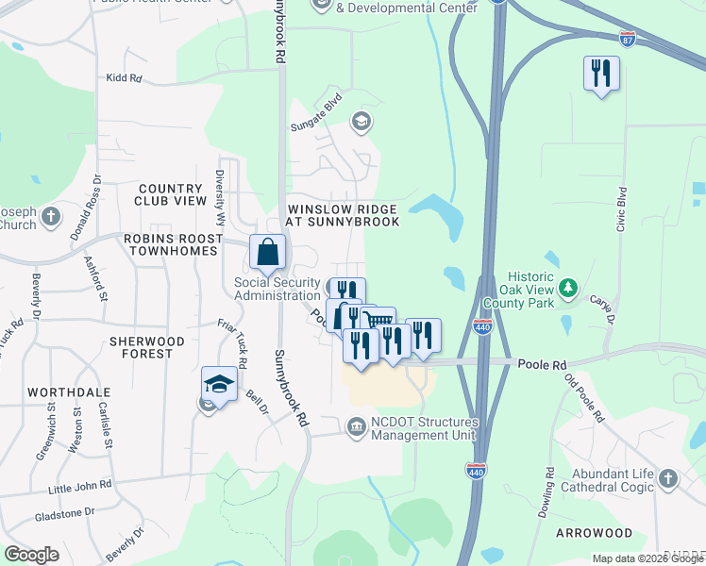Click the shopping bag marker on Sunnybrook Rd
[x=268, y=253]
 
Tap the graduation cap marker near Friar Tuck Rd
[x=219, y=385]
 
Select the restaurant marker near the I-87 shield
[x=601, y=74]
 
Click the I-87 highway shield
[x=628, y=40]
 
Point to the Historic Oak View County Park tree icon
[x=568, y=287]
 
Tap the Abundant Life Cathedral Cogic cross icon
[x=668, y=478]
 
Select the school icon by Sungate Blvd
[x=360, y=121]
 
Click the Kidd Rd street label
[x=124, y=78]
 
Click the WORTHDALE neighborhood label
[x=69, y=391]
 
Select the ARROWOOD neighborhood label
[x=594, y=533]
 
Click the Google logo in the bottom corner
[x=31, y=555]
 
